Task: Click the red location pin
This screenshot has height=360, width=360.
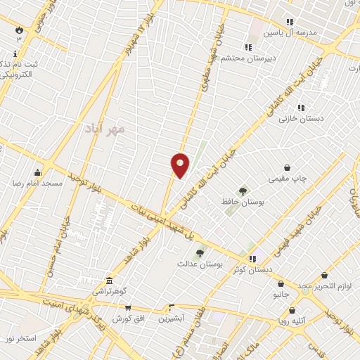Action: (180, 165)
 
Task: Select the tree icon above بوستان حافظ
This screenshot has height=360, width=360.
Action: (243, 191)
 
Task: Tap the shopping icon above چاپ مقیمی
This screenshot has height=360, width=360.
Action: (288, 167)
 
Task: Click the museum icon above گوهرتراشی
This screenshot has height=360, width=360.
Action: (109, 280)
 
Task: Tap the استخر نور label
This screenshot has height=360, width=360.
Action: (20, 338)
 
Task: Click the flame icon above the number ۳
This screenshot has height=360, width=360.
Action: (19, 30)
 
